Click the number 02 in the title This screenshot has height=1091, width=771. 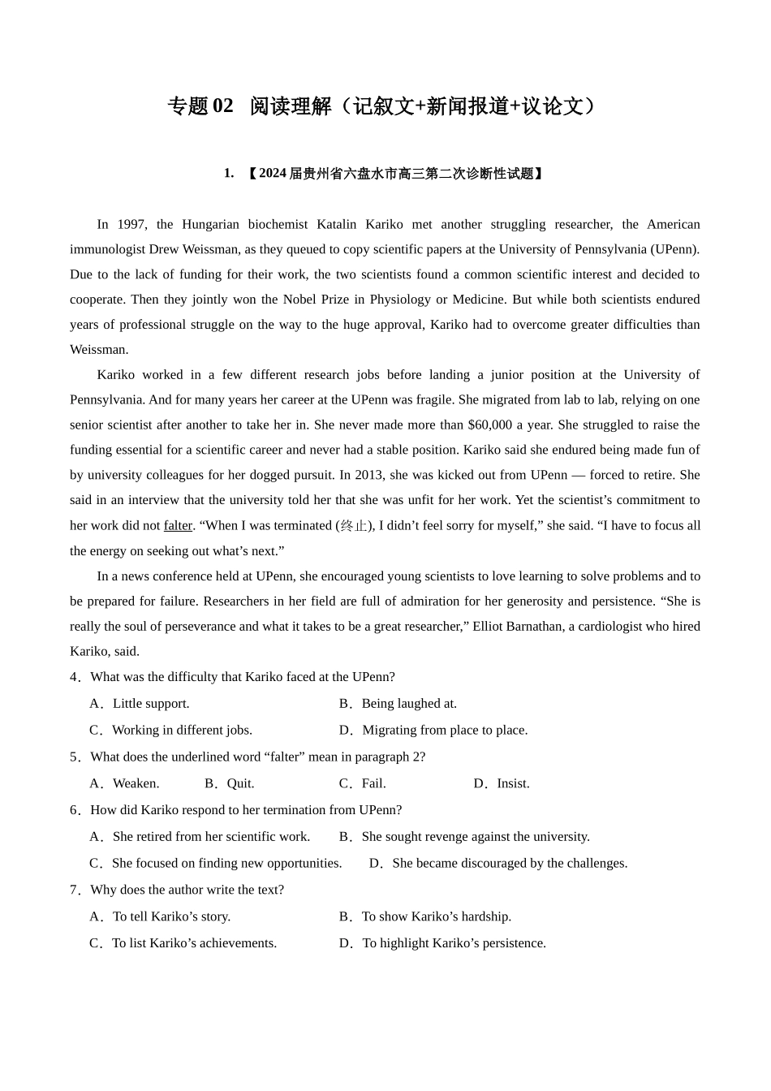pos(222,106)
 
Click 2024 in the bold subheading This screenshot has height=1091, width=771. pos(273,174)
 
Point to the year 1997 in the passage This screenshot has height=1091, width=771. pos(131,225)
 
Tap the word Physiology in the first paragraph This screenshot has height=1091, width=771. pos(400,300)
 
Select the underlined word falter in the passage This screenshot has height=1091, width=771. pos(178,526)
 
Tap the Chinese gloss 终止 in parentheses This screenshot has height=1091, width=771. pos(354,526)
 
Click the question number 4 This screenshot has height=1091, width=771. pos(74,677)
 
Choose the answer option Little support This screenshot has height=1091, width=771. pos(150,704)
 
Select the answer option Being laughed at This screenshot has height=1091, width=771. pos(409,704)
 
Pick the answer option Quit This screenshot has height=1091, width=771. pos(240,784)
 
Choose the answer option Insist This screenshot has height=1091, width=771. pos(513,784)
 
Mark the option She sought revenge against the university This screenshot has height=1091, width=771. pos(476,837)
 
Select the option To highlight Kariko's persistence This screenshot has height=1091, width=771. pos(454,943)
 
